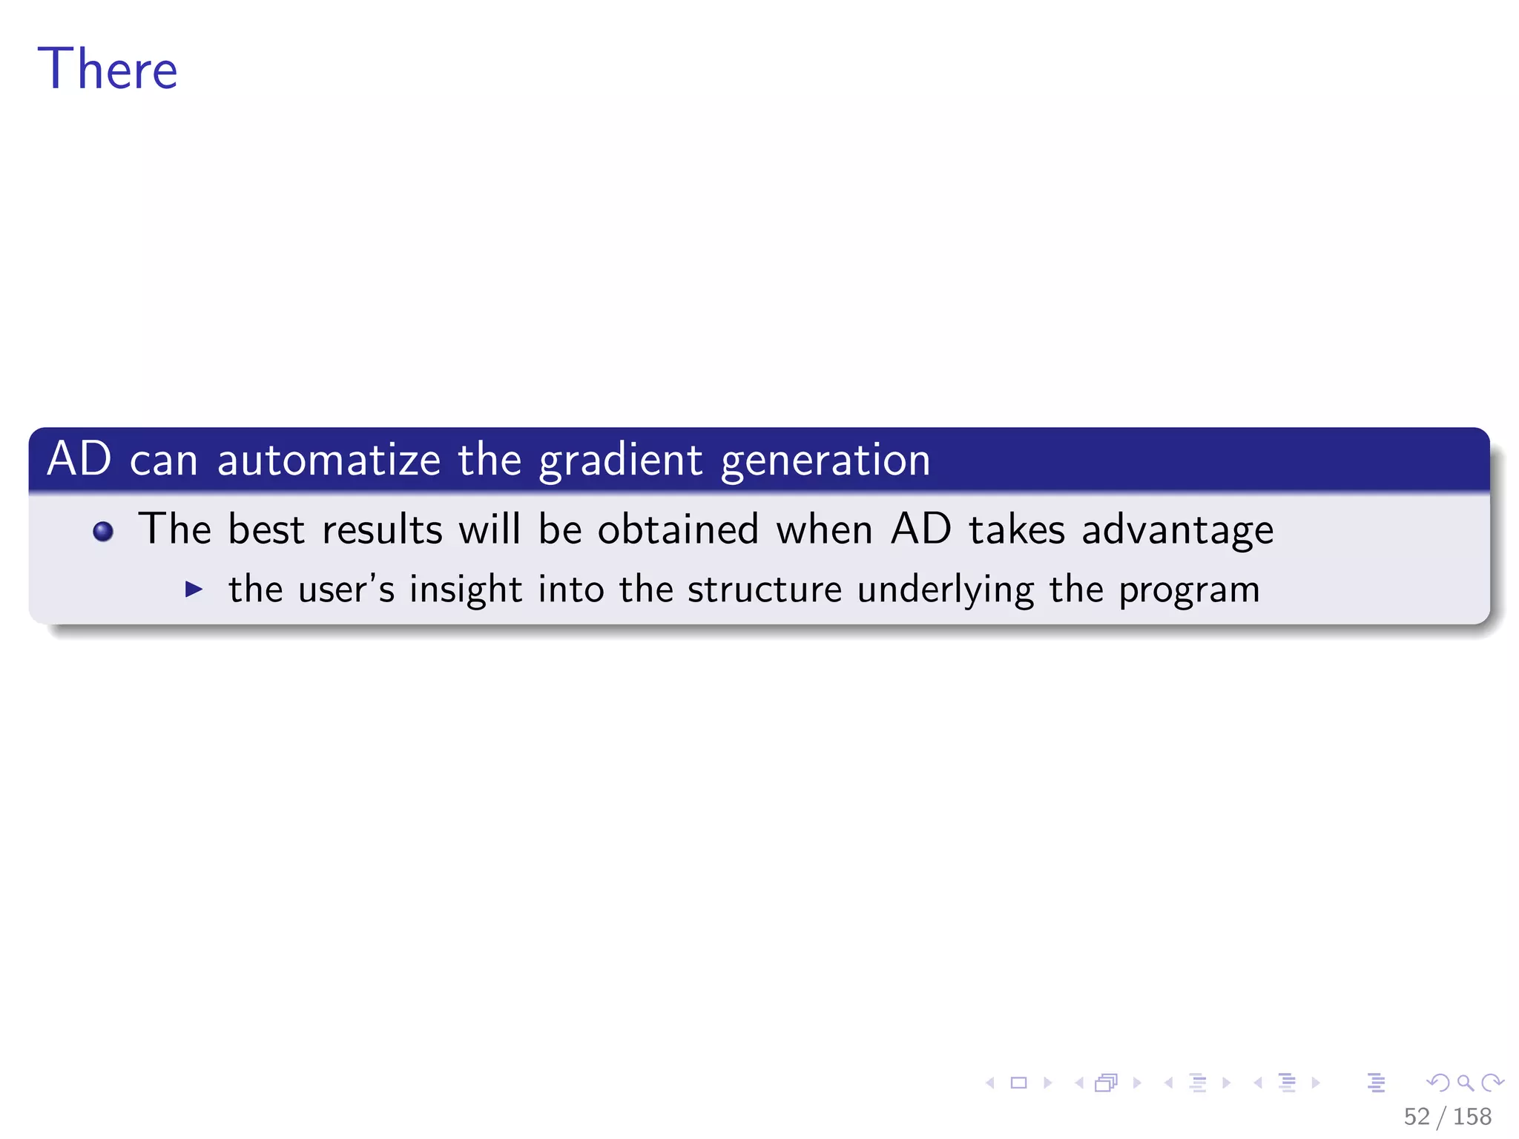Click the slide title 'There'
point(108,69)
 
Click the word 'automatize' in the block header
point(329,459)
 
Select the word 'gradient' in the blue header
point(620,460)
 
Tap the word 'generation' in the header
point(826,460)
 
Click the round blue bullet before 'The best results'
point(103,532)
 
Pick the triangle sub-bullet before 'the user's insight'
point(194,590)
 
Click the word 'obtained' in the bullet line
point(678,529)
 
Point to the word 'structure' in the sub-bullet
point(764,590)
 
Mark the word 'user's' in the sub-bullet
point(346,590)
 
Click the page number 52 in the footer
point(1416,1116)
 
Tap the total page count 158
point(1472,1116)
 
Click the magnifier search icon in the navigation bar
point(1465,1083)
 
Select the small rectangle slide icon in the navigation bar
point(1019,1083)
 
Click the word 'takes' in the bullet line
point(1017,529)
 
